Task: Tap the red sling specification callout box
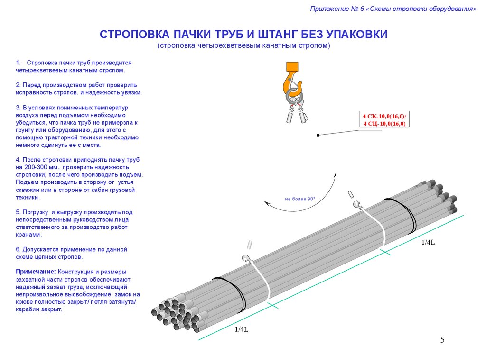(x=384, y=119)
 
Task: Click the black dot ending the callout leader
(x=318, y=135)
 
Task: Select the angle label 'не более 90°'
(x=300, y=199)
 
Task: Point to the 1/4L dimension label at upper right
(x=428, y=242)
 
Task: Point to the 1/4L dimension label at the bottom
(x=242, y=329)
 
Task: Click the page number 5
(x=442, y=340)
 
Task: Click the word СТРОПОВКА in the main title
(x=134, y=34)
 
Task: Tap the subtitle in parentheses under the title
(x=243, y=46)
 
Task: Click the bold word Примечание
(x=36, y=272)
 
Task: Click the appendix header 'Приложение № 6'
(x=337, y=9)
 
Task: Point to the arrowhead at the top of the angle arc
(x=335, y=174)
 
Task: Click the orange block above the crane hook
(x=292, y=67)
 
